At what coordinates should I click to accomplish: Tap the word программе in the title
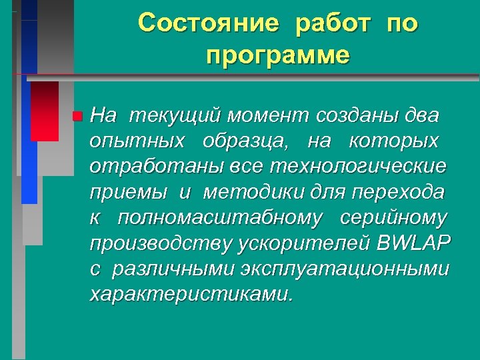click(277, 56)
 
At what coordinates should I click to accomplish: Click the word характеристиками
click(191, 294)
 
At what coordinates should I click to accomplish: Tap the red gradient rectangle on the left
click(45, 111)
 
